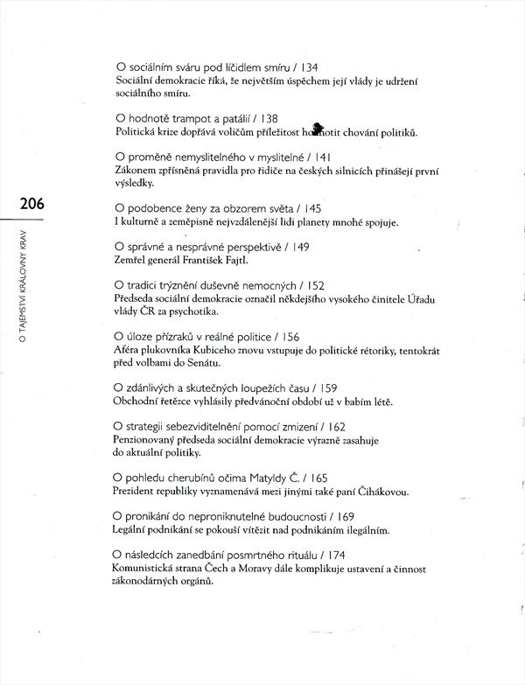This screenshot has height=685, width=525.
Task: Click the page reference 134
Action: click(x=304, y=66)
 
